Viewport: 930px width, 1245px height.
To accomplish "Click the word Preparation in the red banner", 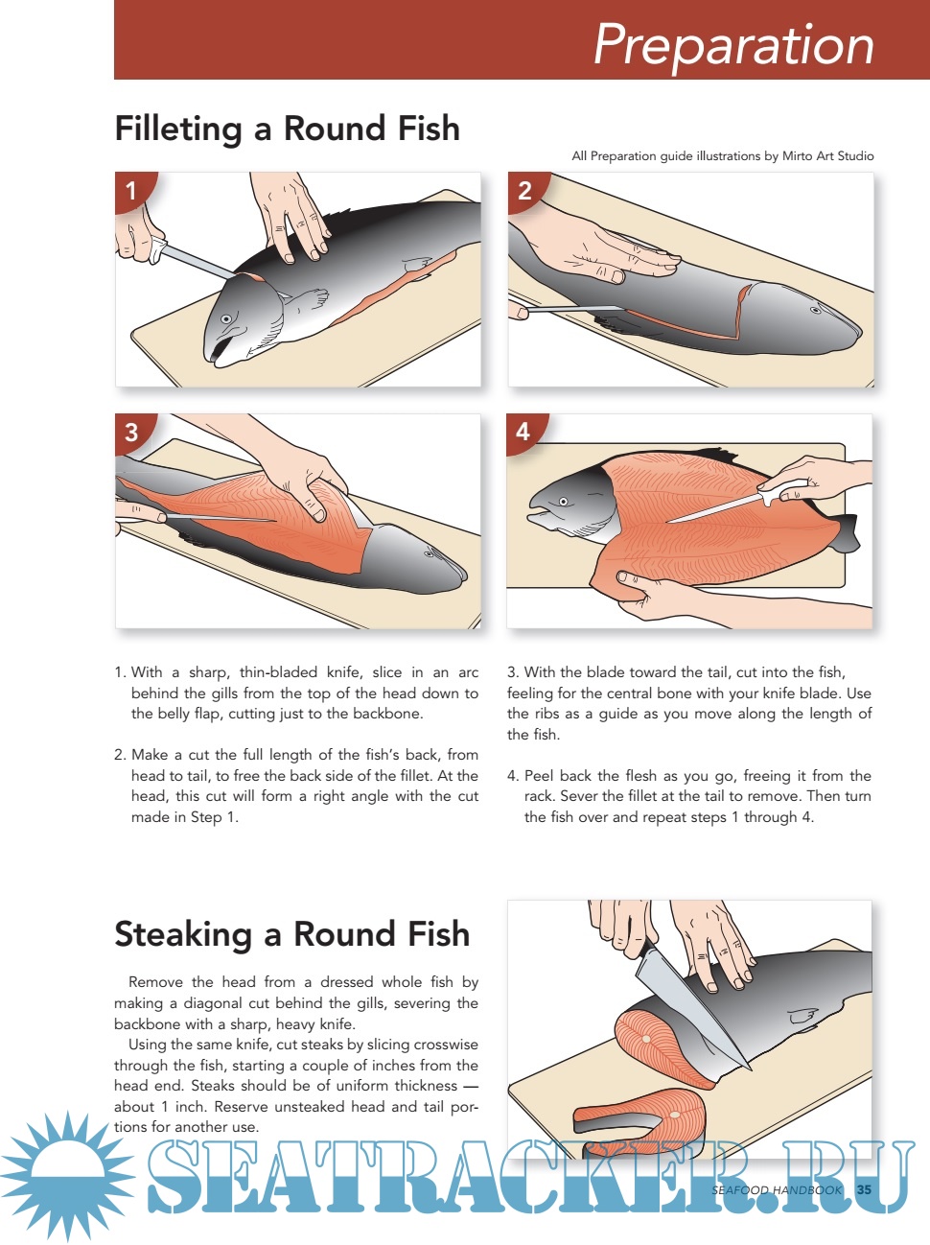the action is [733, 46].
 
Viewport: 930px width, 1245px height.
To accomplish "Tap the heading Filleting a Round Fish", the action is [288, 129].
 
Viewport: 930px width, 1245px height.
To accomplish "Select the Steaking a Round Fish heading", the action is [291, 934].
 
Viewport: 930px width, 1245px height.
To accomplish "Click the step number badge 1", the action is [131, 191].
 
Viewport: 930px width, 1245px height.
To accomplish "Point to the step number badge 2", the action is [524, 191].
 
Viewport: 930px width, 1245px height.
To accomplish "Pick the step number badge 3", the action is [131, 433].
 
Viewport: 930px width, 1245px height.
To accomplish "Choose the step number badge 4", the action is [523, 433].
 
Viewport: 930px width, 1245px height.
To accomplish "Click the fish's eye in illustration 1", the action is [226, 319].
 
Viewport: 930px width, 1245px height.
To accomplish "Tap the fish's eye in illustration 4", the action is [564, 502].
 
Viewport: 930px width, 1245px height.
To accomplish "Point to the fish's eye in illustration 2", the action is [816, 310].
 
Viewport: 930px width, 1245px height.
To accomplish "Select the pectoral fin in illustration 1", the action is [306, 297].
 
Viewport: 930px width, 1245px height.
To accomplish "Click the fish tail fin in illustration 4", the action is [848, 532].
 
